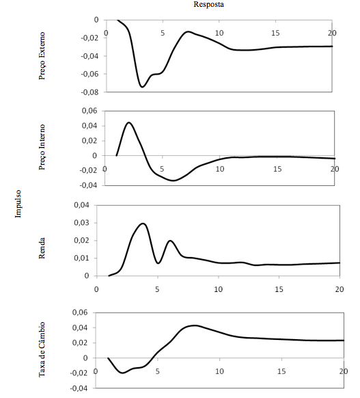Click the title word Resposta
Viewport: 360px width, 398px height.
click(208, 4)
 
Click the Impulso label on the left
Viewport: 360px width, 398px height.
click(18, 204)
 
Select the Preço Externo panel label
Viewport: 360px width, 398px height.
click(42, 56)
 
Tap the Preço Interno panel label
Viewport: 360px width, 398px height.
click(42, 147)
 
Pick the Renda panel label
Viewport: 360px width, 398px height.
click(42, 248)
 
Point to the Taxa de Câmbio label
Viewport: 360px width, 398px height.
click(42, 349)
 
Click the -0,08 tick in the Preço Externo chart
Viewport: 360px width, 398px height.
click(89, 92)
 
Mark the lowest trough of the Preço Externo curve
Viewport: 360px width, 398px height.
click(143, 87)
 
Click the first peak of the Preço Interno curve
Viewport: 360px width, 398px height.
click(129, 122)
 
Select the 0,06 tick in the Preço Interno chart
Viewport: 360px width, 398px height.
click(89, 111)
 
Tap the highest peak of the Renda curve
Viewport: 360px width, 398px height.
click(143, 224)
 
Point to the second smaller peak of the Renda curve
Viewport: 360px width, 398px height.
click(170, 241)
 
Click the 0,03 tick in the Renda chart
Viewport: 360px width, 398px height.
click(82, 223)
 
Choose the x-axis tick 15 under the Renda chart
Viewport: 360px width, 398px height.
click(279, 289)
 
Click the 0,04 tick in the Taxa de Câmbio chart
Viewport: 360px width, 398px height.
click(80, 328)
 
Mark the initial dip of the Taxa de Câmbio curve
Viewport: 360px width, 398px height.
click(123, 373)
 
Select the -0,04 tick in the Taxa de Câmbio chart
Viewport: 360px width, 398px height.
click(79, 388)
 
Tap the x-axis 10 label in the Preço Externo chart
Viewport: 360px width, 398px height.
click(219, 33)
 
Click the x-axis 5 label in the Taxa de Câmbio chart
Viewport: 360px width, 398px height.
click(157, 371)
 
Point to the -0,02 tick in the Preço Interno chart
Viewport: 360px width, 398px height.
click(88, 170)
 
